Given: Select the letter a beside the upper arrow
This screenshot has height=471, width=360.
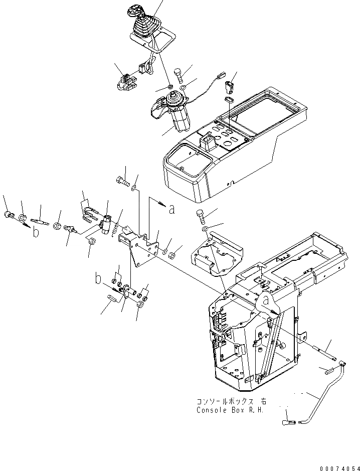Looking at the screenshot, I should pos(172,210).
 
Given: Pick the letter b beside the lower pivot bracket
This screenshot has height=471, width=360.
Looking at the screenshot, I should pos(99,279).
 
